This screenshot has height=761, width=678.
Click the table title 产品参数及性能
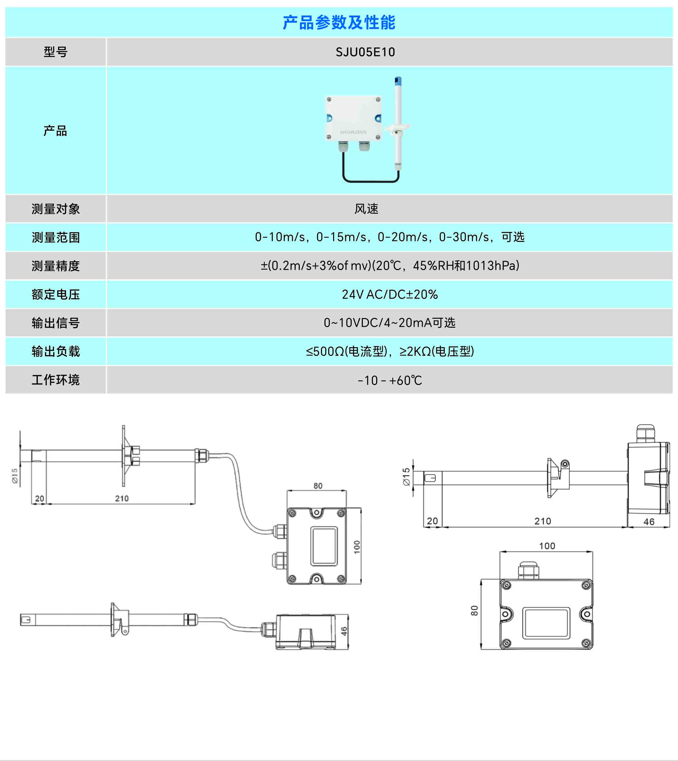click(x=339, y=23)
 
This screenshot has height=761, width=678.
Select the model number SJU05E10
click(x=365, y=52)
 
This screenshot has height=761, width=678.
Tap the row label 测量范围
click(x=56, y=238)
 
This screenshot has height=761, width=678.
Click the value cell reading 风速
click(x=366, y=209)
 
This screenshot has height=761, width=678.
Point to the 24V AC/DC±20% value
click(x=390, y=295)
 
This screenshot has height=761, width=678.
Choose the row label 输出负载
click(x=56, y=352)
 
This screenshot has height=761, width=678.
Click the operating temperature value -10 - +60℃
click(x=390, y=380)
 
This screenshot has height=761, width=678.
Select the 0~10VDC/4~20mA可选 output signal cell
click(x=390, y=323)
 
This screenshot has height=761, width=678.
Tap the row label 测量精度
click(x=56, y=266)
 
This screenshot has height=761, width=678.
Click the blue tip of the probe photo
click(x=398, y=81)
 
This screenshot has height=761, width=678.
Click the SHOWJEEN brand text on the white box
click(x=353, y=132)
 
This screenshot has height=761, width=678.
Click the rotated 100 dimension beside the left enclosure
click(x=357, y=547)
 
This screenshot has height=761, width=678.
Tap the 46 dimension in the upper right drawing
click(x=649, y=522)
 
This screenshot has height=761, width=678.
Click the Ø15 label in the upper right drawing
click(x=407, y=477)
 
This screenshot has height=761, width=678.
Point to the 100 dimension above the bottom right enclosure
click(x=547, y=546)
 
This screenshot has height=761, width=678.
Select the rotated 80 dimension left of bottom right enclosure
click(x=474, y=610)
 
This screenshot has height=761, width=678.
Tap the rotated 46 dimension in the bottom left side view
click(x=344, y=631)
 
